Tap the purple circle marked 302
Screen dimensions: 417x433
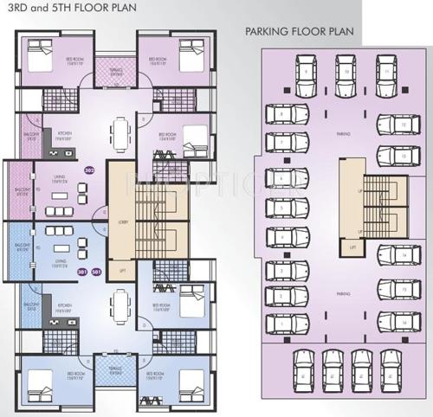click(x=88, y=170)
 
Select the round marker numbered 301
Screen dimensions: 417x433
click(x=82, y=272)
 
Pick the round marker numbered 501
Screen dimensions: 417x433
click(x=96, y=272)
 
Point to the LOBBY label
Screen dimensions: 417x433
click(x=122, y=222)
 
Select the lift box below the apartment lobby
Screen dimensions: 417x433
click(x=122, y=272)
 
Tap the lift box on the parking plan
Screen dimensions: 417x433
click(x=359, y=247)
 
